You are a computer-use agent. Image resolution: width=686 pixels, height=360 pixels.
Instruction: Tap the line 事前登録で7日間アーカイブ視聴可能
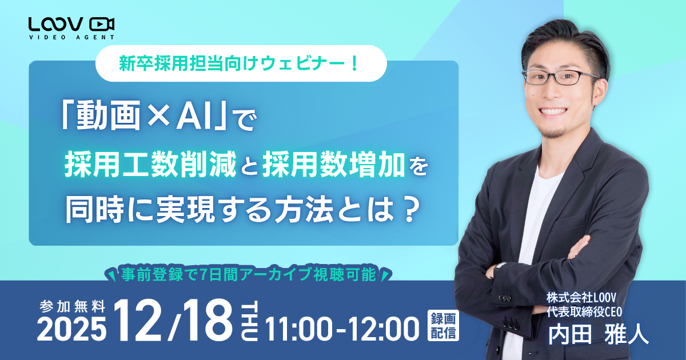click(248, 275)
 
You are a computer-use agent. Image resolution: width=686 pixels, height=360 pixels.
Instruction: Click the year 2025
click(73, 327)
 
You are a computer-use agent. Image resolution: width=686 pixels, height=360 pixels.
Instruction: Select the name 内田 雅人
click(599, 334)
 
